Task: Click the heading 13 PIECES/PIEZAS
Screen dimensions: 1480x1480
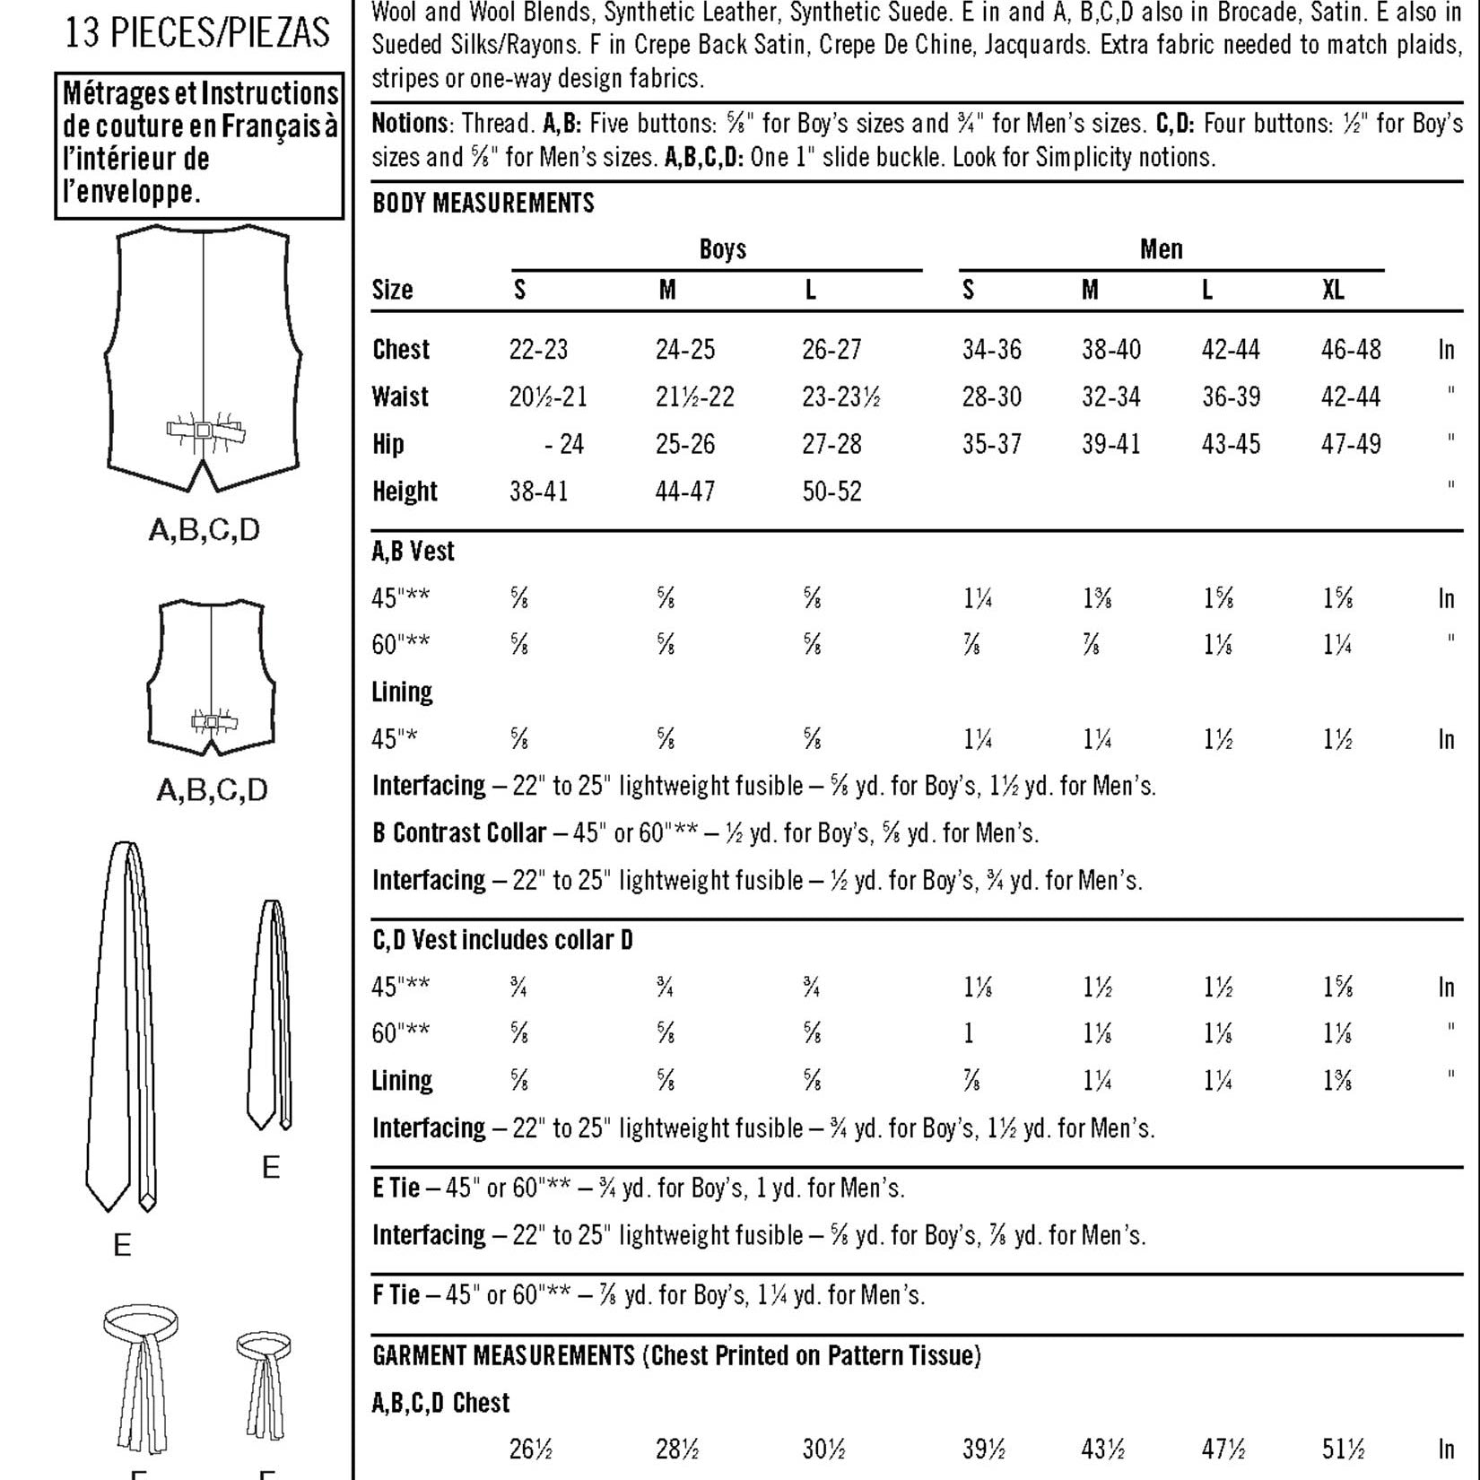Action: coord(197,33)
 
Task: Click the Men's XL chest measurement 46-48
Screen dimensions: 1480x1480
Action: coord(1350,349)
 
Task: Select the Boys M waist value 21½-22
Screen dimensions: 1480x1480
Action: coord(694,396)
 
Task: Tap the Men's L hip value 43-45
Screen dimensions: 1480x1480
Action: coord(1231,444)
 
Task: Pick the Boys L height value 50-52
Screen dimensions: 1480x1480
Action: coord(831,492)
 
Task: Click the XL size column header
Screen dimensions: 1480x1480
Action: coord(1333,290)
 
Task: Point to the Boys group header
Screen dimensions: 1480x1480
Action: coord(722,249)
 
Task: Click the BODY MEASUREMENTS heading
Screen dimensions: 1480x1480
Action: coord(483,204)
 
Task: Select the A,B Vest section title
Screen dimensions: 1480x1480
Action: coord(413,551)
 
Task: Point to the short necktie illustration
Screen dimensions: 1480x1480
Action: coord(269,1014)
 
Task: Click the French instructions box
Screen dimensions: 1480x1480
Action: coord(199,145)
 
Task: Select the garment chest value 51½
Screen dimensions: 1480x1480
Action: coord(1343,1450)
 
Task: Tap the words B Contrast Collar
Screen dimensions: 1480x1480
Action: coord(458,833)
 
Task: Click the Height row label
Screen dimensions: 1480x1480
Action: coord(405,492)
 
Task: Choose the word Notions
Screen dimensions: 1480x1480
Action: coord(410,123)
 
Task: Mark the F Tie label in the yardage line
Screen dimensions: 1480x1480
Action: coord(396,1295)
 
